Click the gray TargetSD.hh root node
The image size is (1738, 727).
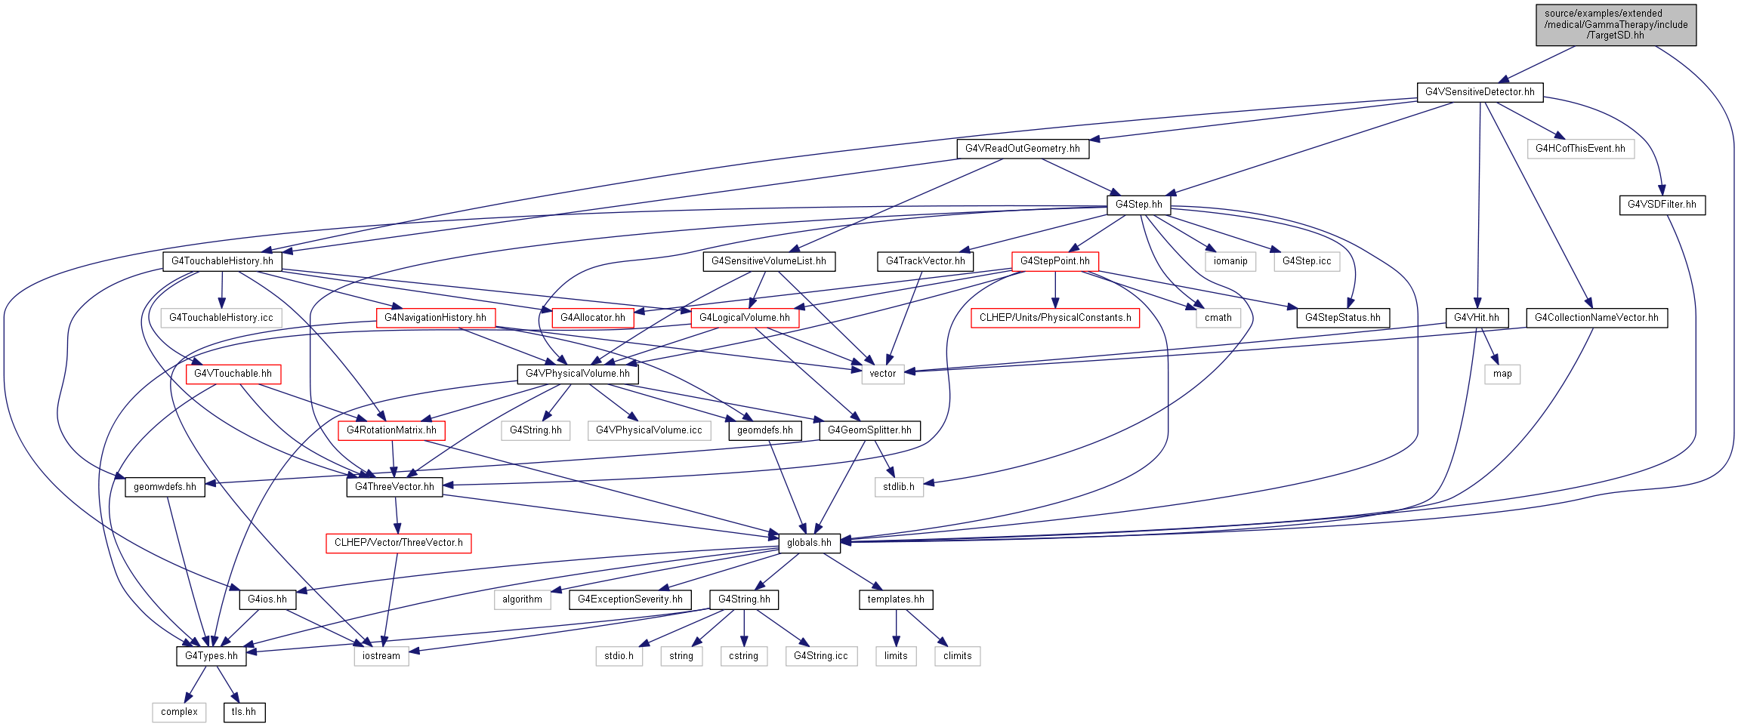pyautogui.click(x=1616, y=25)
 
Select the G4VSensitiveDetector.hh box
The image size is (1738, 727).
pyautogui.click(x=1480, y=92)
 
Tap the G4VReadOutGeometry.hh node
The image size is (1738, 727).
pyautogui.click(x=1023, y=149)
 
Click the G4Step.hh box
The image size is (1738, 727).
pyautogui.click(x=1139, y=205)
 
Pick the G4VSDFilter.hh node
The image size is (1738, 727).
pyautogui.click(x=1662, y=205)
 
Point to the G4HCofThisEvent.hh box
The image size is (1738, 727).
pyautogui.click(x=1580, y=149)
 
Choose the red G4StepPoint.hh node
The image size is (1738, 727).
pyautogui.click(x=1055, y=261)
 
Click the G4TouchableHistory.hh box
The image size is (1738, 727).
pyautogui.click(x=222, y=261)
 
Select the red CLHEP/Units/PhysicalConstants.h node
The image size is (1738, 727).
pyautogui.click(x=1055, y=318)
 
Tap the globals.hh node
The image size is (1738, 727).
pyautogui.click(x=809, y=543)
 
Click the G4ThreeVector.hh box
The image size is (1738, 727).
pyautogui.click(x=394, y=487)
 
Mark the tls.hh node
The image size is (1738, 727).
pyautogui.click(x=244, y=712)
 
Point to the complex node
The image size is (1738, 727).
pyautogui.click(x=179, y=712)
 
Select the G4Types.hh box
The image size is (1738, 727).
pyautogui.click(x=211, y=656)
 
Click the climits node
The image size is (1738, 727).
pyautogui.click(x=957, y=656)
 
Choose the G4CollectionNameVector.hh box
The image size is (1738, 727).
pyautogui.click(x=1596, y=318)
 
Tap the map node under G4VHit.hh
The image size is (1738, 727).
pyautogui.click(x=1502, y=374)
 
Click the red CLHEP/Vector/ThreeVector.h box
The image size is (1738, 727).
pyautogui.click(x=399, y=543)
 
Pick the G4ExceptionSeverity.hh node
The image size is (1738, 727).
pyautogui.click(x=630, y=599)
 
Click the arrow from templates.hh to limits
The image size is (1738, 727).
pyautogui.click(x=897, y=627)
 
